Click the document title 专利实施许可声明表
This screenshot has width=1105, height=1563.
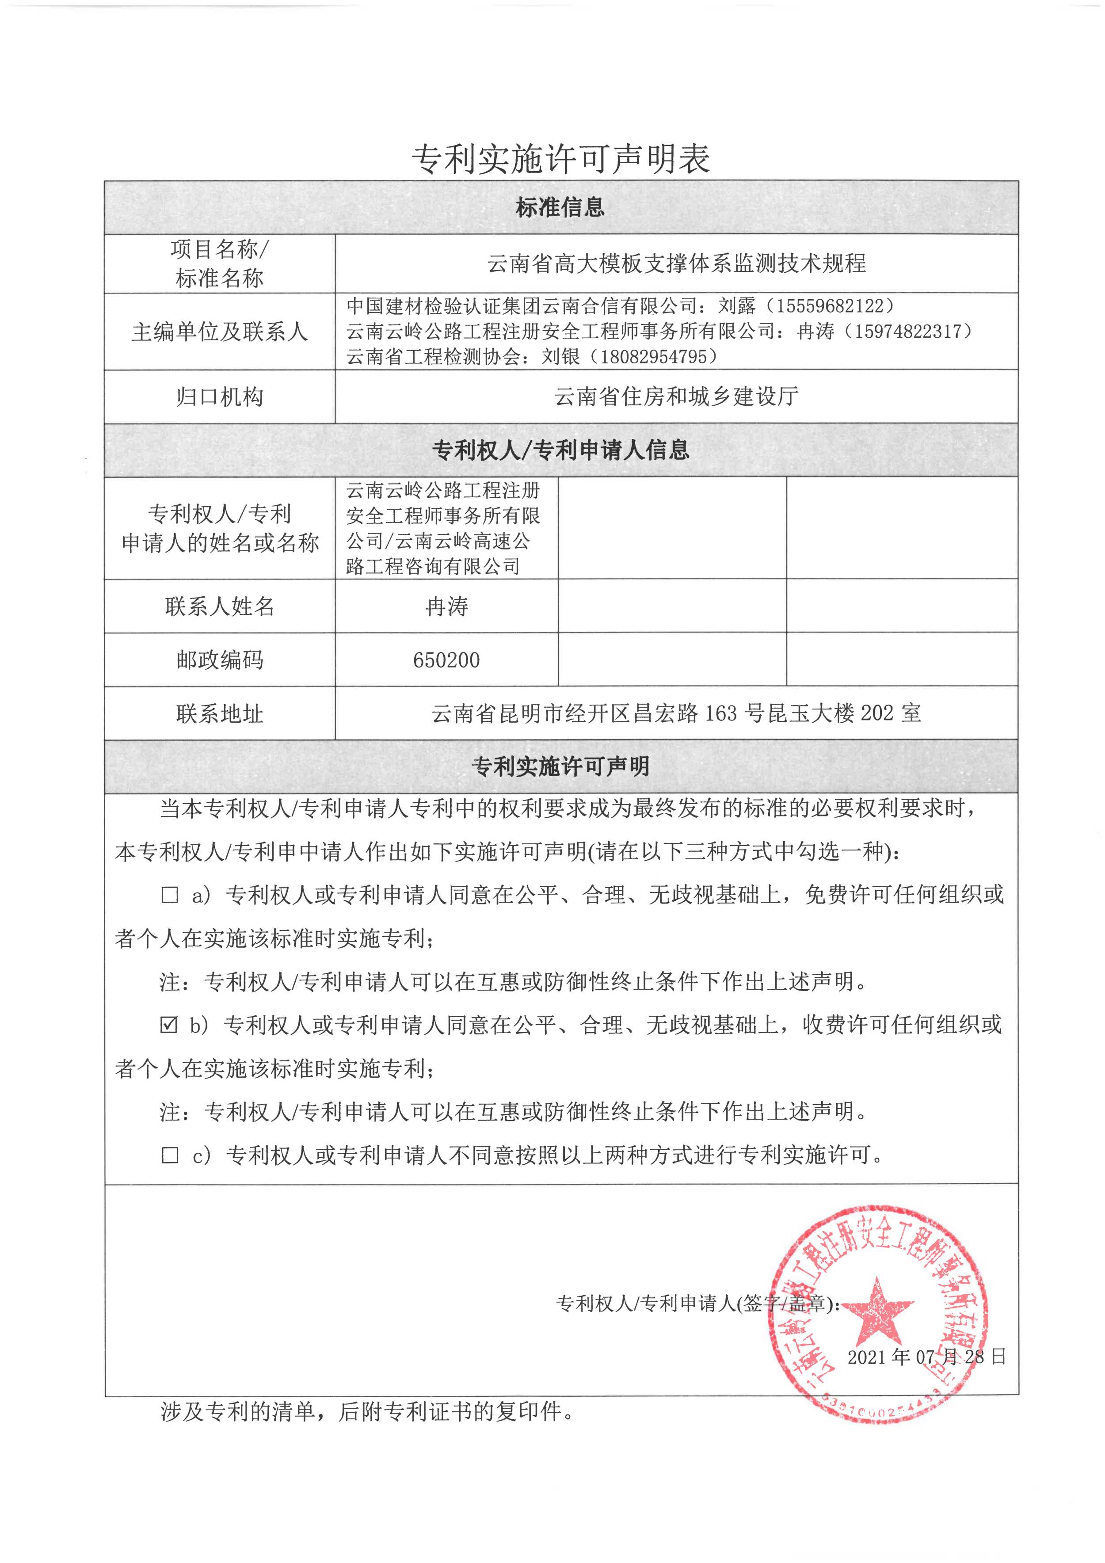560,159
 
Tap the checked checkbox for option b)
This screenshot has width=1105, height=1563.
169,1025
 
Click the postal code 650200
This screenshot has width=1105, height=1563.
446,660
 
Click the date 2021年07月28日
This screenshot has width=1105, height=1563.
926,1357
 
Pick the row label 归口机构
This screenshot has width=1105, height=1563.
219,396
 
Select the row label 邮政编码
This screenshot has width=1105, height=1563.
219,660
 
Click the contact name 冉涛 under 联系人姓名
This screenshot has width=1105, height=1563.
446,606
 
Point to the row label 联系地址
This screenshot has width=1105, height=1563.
219,713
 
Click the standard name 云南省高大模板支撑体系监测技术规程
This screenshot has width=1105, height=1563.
676,263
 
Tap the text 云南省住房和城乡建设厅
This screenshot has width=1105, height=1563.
676,396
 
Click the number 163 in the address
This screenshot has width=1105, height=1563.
720,713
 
